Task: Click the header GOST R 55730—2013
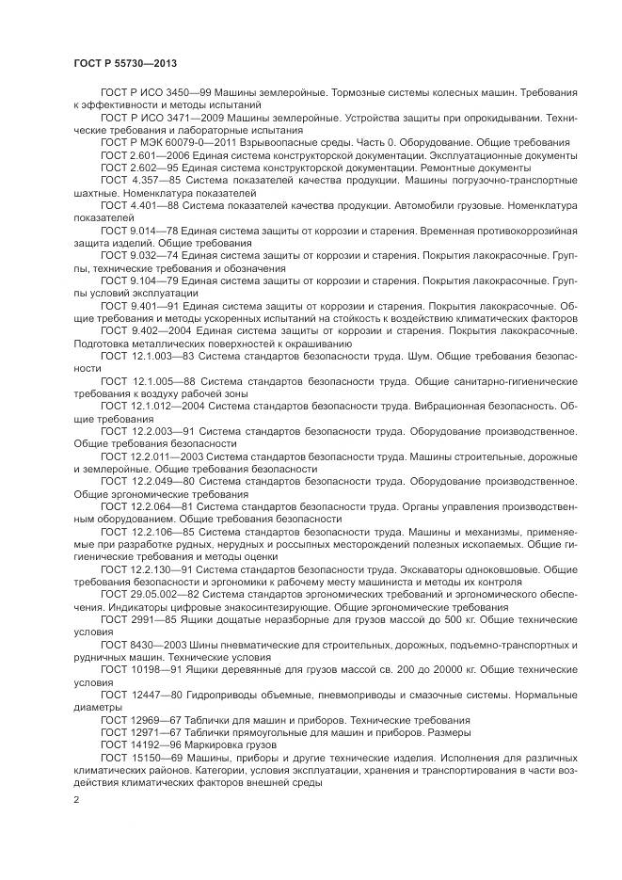click(x=125, y=62)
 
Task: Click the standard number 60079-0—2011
click(x=194, y=141)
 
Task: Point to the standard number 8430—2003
click(x=159, y=645)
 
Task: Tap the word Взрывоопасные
click(x=271, y=141)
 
